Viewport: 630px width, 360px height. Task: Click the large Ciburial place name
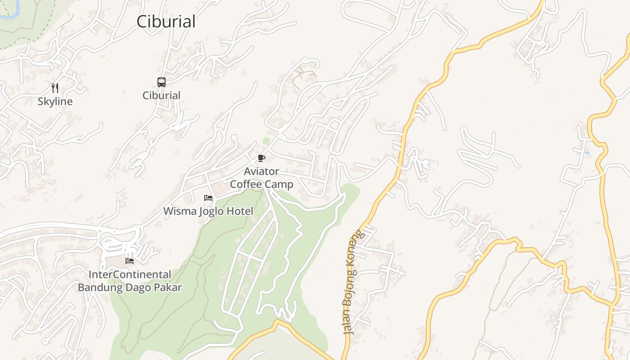click(166, 22)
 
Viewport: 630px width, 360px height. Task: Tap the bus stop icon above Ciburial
click(162, 82)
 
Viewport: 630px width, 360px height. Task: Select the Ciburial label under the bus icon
click(162, 95)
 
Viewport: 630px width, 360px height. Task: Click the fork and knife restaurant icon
click(55, 88)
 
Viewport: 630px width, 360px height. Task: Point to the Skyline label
click(55, 102)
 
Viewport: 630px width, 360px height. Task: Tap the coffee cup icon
click(261, 158)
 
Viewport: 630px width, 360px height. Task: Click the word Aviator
click(261, 171)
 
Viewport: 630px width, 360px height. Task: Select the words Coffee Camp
click(261, 184)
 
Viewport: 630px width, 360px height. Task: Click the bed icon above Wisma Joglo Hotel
click(208, 198)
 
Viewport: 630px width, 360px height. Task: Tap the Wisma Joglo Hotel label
click(208, 211)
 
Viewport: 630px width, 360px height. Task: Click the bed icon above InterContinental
click(130, 261)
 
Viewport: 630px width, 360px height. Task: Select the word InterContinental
click(130, 274)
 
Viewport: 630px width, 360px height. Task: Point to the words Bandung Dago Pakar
click(130, 288)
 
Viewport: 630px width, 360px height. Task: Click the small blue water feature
click(587, 153)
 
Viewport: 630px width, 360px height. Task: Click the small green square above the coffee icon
click(266, 141)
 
